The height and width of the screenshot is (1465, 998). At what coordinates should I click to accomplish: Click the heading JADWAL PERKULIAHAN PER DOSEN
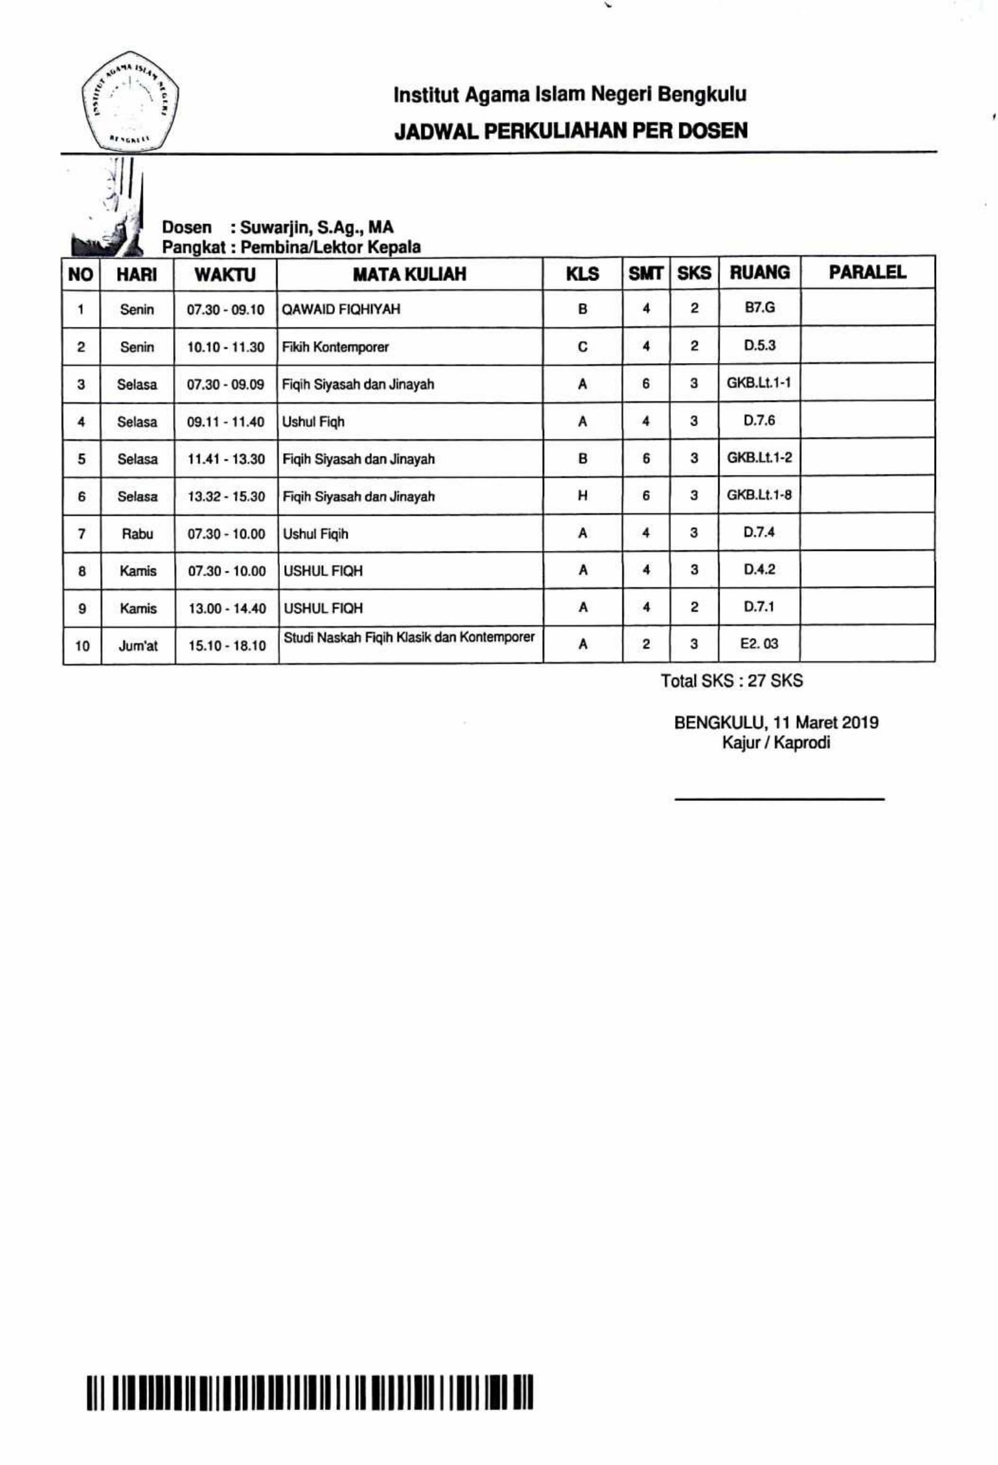pyautogui.click(x=570, y=131)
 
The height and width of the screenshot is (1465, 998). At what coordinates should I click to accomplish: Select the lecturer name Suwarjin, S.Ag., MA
pyautogui.click(x=316, y=227)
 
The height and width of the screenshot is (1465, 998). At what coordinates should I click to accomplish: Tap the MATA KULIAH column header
pyautogui.click(x=409, y=274)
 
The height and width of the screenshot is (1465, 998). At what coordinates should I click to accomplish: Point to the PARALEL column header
pyautogui.click(x=867, y=273)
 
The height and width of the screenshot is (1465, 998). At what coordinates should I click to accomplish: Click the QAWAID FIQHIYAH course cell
pyautogui.click(x=341, y=309)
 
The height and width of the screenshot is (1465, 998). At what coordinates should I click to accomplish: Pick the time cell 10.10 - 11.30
pyautogui.click(x=225, y=347)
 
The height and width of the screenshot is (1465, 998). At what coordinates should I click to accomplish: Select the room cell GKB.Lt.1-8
pyautogui.click(x=759, y=495)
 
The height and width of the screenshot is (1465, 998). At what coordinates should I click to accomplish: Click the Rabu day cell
pyautogui.click(x=138, y=534)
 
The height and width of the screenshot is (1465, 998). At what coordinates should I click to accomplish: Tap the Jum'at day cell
pyautogui.click(x=138, y=645)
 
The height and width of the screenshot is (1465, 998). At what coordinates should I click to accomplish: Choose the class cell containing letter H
pyautogui.click(x=582, y=496)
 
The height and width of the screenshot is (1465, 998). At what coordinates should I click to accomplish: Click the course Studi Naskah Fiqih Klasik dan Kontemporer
pyautogui.click(x=409, y=637)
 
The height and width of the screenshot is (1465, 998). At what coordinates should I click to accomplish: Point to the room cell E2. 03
pyautogui.click(x=759, y=644)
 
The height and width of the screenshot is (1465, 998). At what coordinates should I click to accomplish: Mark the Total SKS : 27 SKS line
pyautogui.click(x=731, y=681)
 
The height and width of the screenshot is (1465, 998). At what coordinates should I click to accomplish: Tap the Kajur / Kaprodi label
pyautogui.click(x=776, y=743)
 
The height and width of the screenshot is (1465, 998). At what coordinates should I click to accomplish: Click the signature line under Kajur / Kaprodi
pyautogui.click(x=779, y=799)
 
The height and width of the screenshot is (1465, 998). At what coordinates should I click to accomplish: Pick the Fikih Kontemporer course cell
pyautogui.click(x=336, y=347)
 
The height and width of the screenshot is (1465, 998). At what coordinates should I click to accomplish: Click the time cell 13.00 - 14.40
pyautogui.click(x=227, y=609)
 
